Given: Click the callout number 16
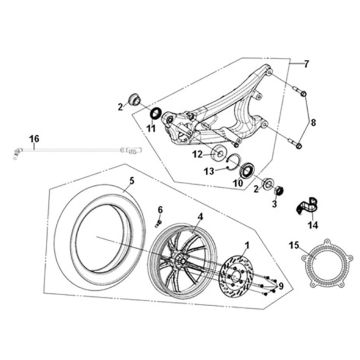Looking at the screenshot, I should pyautogui.click(x=34, y=137).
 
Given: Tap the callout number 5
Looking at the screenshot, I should pyautogui.click(x=101, y=183).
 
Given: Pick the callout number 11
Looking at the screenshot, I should pyautogui.click(x=152, y=129).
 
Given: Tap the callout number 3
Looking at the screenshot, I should pyautogui.click(x=274, y=202).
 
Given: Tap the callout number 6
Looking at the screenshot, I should pyautogui.click(x=159, y=208).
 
